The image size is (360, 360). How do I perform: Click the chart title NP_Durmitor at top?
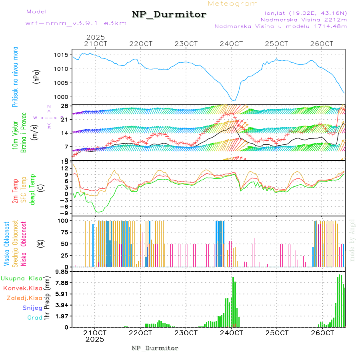coord(169,15)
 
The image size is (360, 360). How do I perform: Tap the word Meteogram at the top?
coord(233,4)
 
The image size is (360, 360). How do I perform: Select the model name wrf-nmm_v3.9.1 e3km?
coord(76,23)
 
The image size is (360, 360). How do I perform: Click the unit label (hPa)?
coord(36,76)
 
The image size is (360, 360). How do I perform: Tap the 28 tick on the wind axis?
coord(64,106)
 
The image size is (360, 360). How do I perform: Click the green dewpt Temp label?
coord(32,188)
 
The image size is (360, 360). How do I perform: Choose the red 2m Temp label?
coord(15,192)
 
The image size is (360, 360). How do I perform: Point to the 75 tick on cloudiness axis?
coord(64,232)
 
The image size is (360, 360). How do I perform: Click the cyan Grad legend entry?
coord(35,318)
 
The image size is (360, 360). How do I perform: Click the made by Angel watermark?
coord(352,240)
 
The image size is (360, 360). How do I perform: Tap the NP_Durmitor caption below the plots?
coord(155,348)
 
